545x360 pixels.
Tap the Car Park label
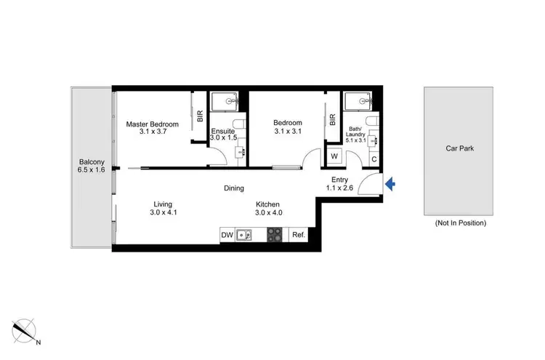pos(459,148)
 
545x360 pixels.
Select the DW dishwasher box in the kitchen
pos(227,234)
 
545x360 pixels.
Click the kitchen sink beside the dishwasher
pos(246,234)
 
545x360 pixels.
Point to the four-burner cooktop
pos(274,234)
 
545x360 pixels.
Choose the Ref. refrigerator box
pos(298,234)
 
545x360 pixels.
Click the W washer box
pos(334,156)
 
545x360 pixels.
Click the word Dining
pos(234,188)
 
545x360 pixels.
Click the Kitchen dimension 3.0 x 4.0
pos(268,213)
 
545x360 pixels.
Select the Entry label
pos(340,180)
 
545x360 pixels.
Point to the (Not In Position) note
pos(460,223)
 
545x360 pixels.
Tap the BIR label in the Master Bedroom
pos(200,116)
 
